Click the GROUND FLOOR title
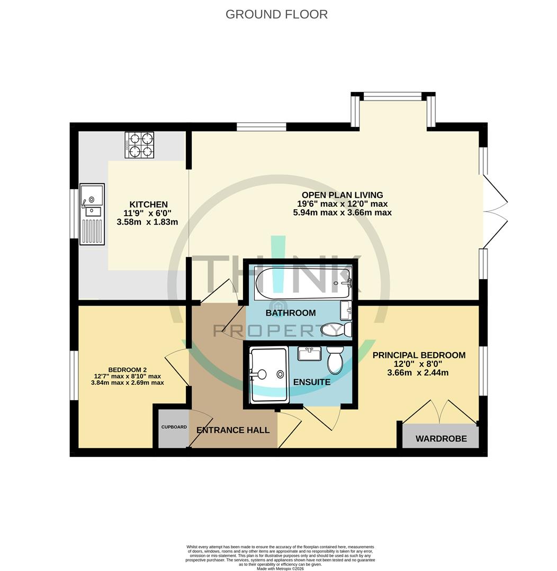(276, 14)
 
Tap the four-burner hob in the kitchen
(139, 145)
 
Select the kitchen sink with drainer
(92, 214)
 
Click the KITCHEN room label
(148, 205)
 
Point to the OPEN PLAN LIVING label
(342, 195)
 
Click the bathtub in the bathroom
(302, 283)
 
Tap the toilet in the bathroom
(337, 329)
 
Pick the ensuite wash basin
(309, 353)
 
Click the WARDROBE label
(441, 439)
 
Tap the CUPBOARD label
(174, 427)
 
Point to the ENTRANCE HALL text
(233, 430)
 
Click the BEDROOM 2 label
(127, 370)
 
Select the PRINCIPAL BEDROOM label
(419, 355)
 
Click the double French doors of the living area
(495, 211)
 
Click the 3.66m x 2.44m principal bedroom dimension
(419, 372)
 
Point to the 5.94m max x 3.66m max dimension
(342, 213)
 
